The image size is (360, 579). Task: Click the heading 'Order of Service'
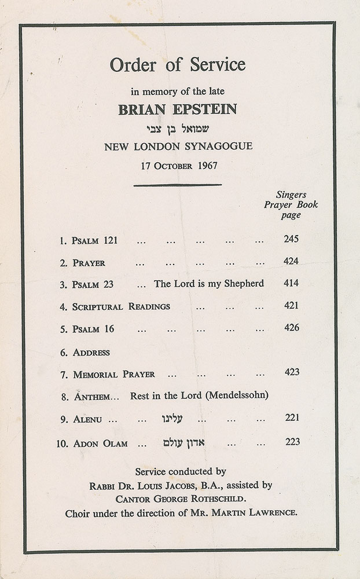point(178,65)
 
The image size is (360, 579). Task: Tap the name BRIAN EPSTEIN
point(178,109)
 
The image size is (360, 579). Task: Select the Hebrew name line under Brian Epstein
point(178,129)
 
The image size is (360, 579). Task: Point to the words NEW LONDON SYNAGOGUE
point(178,146)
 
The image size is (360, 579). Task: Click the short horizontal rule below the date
point(178,185)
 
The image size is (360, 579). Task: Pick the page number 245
point(292,239)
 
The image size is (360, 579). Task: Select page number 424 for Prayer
point(292,262)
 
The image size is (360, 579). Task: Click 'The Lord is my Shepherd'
point(209,284)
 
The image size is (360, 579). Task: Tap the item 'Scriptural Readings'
point(122,306)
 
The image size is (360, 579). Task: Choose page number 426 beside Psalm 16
point(292,328)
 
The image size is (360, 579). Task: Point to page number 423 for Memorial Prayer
point(292,372)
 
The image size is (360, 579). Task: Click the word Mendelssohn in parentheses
point(238,396)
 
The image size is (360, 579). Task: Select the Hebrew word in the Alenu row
point(171,418)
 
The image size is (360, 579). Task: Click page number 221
point(292,417)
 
